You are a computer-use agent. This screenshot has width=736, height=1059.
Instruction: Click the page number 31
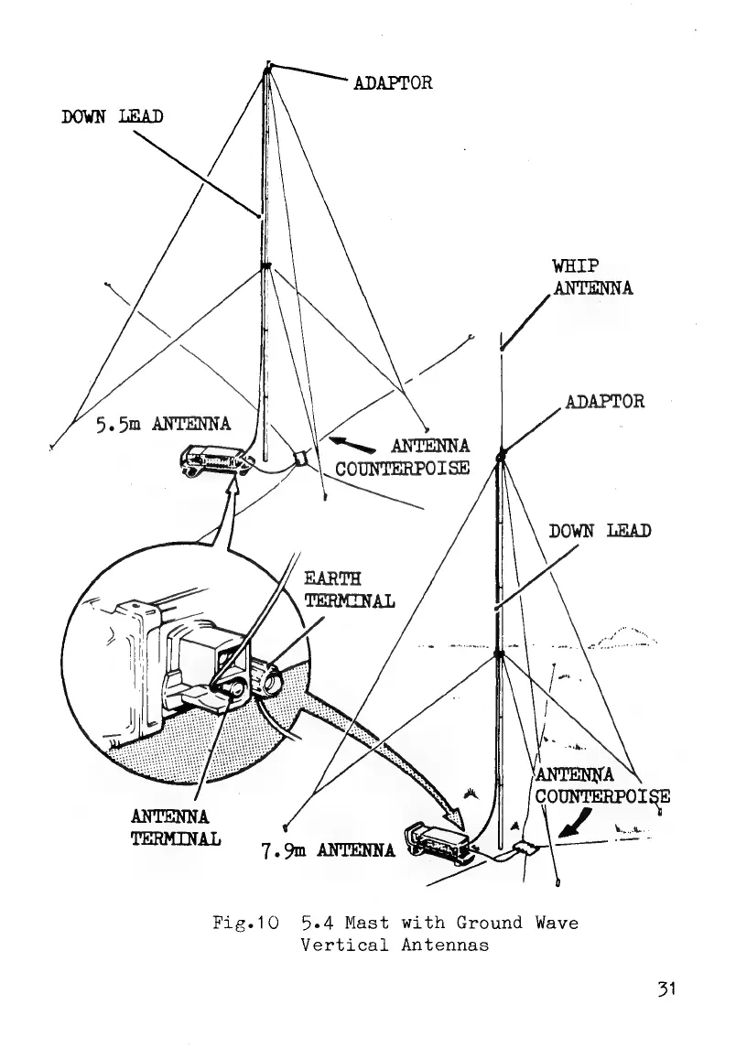pyautogui.click(x=666, y=989)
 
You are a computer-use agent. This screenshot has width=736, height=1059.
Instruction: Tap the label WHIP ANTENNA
pyautogui.click(x=592, y=277)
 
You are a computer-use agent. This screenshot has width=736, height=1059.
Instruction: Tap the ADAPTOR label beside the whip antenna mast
pyautogui.click(x=605, y=401)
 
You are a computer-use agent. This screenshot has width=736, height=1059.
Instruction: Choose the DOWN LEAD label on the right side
pyautogui.click(x=600, y=531)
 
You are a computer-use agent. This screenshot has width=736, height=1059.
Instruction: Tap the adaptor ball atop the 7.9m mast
pyautogui.click(x=501, y=455)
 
